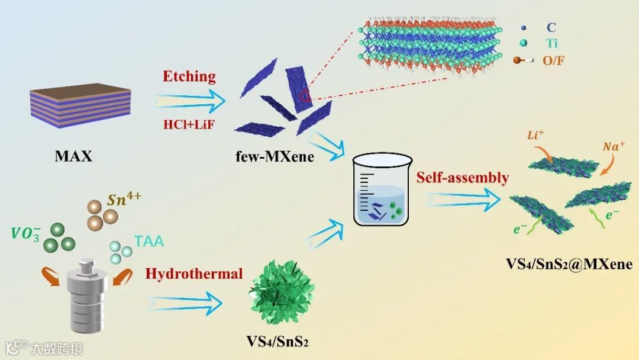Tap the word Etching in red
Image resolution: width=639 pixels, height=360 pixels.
[x=190, y=76]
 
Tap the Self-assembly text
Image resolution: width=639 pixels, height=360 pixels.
[x=463, y=177]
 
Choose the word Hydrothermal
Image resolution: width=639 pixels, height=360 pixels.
[x=194, y=273]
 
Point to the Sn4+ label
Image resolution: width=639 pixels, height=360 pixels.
[x=123, y=200]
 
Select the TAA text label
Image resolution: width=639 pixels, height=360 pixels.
[x=149, y=241]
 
